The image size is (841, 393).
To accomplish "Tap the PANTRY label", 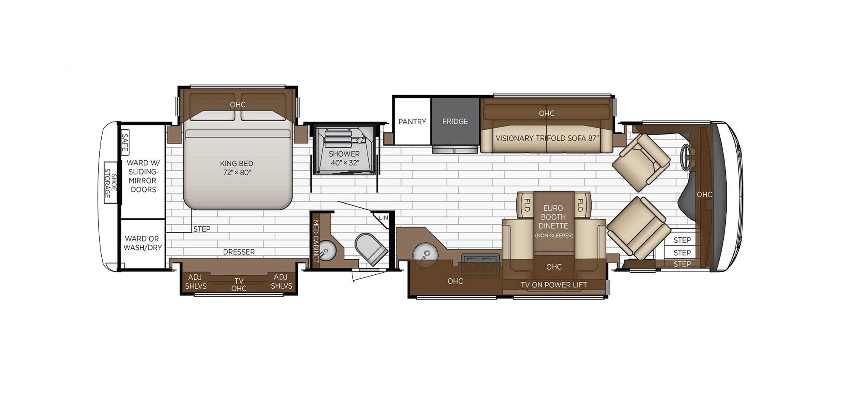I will click(412, 122).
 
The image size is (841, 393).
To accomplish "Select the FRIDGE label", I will click(455, 122).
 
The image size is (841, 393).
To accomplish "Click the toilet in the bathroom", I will click(371, 249).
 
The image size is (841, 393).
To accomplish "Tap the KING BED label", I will click(236, 168).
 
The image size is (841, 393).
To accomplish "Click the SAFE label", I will click(125, 143).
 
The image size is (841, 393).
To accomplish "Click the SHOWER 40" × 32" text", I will click(344, 158).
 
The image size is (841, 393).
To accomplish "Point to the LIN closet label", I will click(383, 218).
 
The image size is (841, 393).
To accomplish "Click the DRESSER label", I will click(239, 252).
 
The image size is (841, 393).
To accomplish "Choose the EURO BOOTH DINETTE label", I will click(553, 217).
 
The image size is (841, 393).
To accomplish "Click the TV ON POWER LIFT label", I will click(553, 285).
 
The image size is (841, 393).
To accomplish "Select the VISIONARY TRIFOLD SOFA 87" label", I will click(547, 138).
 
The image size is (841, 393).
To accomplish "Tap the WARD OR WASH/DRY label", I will click(142, 243).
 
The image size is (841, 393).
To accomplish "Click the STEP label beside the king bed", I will click(202, 229).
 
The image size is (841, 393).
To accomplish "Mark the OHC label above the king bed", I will click(238, 104).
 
